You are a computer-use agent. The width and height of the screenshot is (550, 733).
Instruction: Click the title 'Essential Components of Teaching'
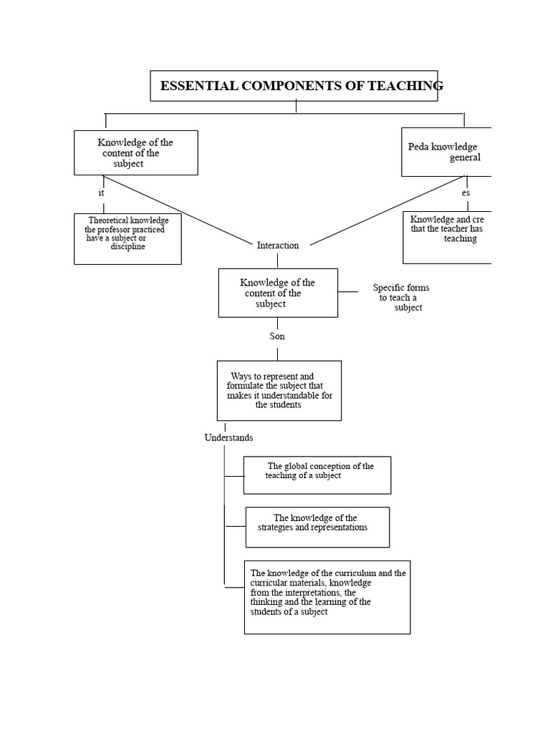point(301,86)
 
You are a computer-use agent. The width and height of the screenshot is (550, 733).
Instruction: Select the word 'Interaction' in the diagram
point(278,246)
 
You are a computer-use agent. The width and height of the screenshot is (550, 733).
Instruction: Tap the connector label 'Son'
point(277,336)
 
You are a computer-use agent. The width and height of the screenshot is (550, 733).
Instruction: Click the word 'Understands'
point(228,437)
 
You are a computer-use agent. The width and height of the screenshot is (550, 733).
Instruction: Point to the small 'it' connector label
point(101,193)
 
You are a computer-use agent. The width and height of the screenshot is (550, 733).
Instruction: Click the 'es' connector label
point(465,193)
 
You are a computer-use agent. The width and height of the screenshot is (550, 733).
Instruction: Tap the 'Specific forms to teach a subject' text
point(401,297)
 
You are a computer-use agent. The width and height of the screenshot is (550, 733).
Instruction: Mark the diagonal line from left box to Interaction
point(178,210)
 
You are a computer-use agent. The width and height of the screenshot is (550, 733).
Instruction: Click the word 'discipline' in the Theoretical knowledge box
point(127,246)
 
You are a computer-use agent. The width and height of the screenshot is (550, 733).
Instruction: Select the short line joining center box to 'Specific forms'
point(348,292)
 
